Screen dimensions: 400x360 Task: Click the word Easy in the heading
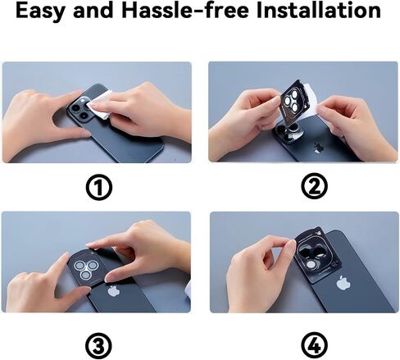coord(39,11)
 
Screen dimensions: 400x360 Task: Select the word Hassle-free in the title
coord(185,10)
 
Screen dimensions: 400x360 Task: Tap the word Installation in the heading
coord(319,10)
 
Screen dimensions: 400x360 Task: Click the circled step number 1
coord(99,187)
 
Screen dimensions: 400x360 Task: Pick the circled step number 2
coord(314,186)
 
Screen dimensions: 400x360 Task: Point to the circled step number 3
coord(98,345)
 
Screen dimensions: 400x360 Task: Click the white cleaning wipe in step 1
coord(101,105)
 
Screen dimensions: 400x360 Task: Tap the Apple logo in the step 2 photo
coord(318,148)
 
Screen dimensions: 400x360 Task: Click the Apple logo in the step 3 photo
coord(114,291)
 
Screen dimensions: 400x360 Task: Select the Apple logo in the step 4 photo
coord(343,283)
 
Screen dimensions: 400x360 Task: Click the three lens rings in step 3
coord(85,268)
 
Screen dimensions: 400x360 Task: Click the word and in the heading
coord(93,10)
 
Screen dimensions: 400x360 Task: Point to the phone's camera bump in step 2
coord(289,133)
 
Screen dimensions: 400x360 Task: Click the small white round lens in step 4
coord(311,265)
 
